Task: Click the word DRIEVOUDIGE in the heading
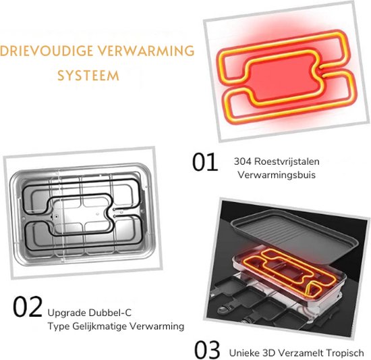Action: (x=46, y=51)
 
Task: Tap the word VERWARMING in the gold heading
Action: (x=146, y=51)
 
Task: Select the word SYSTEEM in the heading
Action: (x=88, y=76)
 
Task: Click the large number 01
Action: (x=205, y=162)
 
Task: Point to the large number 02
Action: (x=28, y=307)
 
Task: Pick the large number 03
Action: (x=207, y=350)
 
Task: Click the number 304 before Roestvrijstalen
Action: (x=243, y=161)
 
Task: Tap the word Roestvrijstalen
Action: (x=287, y=161)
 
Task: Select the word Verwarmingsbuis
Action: (x=277, y=175)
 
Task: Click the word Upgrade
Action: (x=67, y=313)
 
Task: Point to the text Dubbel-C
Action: (x=110, y=313)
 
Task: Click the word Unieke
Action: (x=244, y=353)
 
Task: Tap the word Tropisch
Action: (x=345, y=353)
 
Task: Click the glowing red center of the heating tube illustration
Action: (x=283, y=74)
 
